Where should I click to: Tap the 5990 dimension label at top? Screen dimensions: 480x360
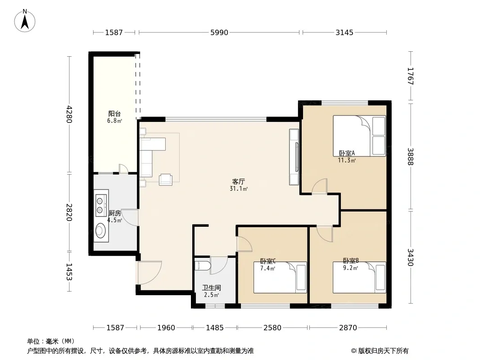pos(219,32)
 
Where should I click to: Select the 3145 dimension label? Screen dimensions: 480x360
pos(344,32)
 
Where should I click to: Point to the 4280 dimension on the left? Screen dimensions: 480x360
pos(69,114)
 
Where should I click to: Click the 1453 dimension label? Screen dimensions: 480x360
pos(69,272)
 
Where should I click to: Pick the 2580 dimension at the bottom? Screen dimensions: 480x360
pos(272,328)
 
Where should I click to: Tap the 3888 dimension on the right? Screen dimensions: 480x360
pos(411,156)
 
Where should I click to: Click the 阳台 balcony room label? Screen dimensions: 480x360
pos(114,114)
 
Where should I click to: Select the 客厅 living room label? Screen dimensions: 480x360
pos(239,182)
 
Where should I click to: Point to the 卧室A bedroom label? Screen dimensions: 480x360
pos(347,153)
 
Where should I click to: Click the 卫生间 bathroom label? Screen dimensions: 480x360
pos(211,288)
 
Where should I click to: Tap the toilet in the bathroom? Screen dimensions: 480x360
pos(202,265)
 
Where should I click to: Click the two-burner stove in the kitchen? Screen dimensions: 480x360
pos(100,206)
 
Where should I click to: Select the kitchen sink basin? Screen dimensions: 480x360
pos(100,230)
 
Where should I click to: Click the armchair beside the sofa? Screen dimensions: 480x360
pos(166,180)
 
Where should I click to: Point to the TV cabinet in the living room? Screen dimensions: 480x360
pos(294,157)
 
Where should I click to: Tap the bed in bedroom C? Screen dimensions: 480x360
pos(280,277)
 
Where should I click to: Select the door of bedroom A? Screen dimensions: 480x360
pos(320,186)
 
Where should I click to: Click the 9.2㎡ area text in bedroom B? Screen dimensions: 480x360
pos(350,268)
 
